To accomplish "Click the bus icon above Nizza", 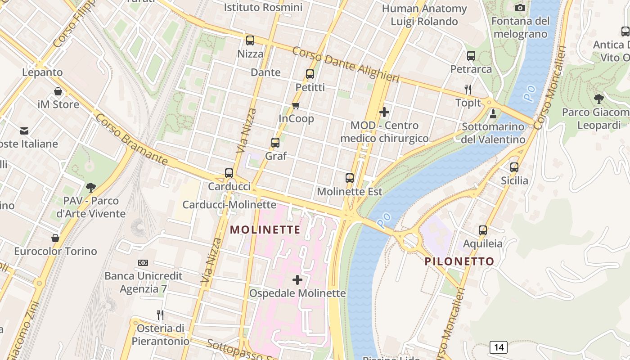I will (250, 40).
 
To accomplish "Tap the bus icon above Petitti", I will (310, 74).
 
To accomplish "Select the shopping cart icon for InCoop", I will (296, 105).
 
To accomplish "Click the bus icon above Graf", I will (275, 143).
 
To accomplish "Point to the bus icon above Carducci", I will (229, 173).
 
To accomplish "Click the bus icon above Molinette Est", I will (350, 178).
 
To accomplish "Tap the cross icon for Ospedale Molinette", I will (297, 280).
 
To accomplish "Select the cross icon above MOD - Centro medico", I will (384, 112).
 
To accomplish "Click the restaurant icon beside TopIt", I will (468, 89).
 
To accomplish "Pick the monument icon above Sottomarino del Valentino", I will (493, 113).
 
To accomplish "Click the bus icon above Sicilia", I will (514, 167).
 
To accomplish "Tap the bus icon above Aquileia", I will (483, 230).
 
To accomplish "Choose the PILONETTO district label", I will (459, 261).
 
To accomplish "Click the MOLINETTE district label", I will (265, 230).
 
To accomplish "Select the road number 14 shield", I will (499, 347).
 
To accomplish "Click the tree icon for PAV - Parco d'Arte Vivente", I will (91, 187).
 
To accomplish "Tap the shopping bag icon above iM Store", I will (58, 91).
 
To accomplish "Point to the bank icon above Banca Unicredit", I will (143, 262).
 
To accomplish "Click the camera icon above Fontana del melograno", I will (520, 8).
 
